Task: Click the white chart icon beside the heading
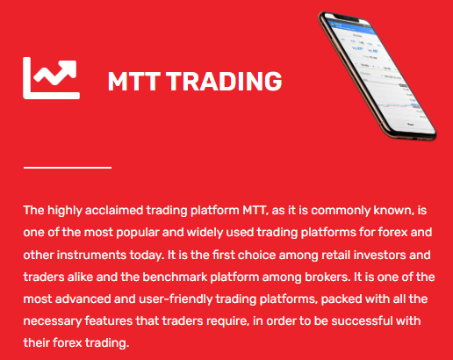tap(51, 79)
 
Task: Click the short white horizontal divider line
tap(68, 166)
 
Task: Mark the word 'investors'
tap(367, 255)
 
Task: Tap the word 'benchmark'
tap(209, 277)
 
